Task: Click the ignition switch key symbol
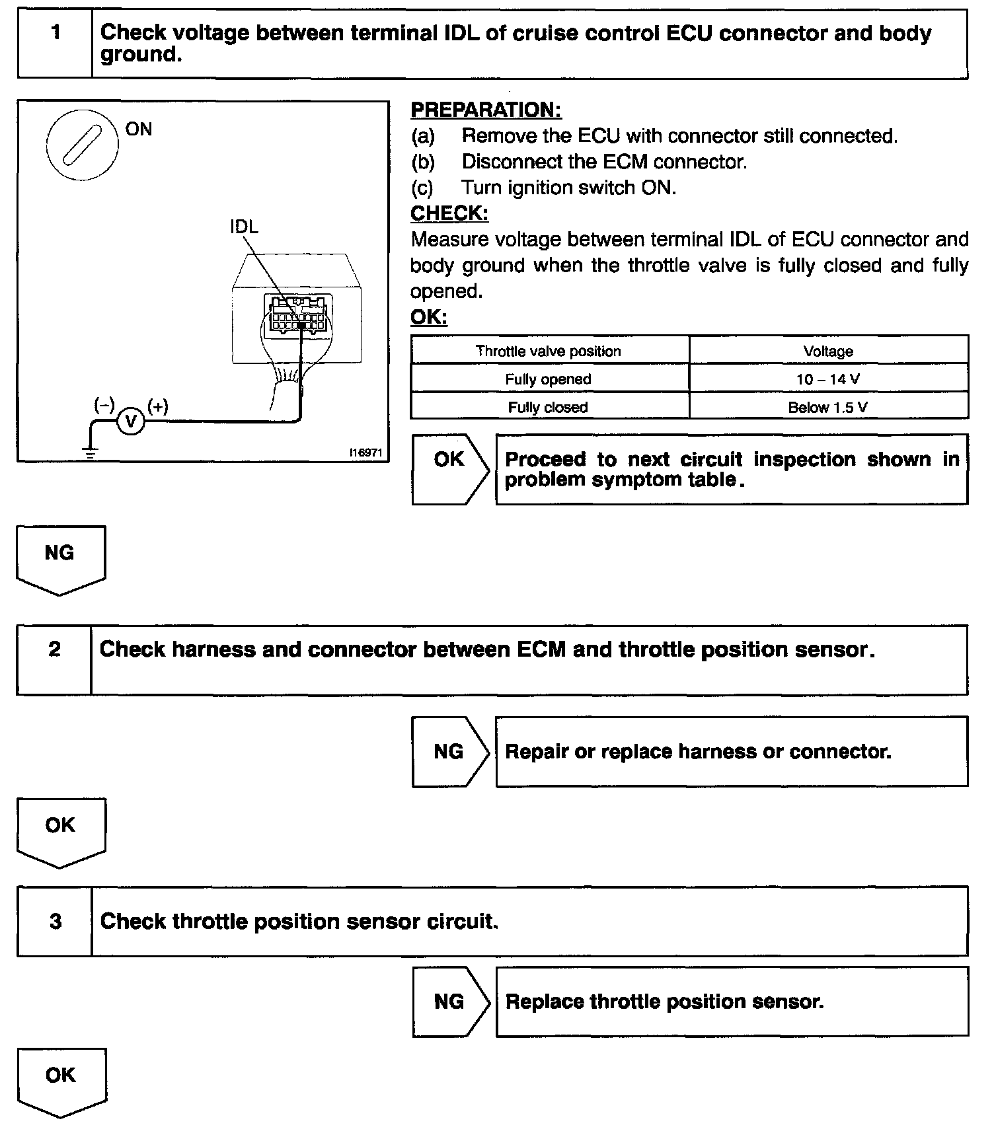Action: coord(82,143)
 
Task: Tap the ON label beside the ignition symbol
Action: coord(139,129)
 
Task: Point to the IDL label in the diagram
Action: coord(244,227)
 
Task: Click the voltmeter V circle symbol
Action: coord(130,421)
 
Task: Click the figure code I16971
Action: coord(366,453)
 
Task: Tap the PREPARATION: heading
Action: coord(486,110)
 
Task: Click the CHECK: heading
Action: coord(449,213)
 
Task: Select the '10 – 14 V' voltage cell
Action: coord(828,379)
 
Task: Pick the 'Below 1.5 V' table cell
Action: coord(828,407)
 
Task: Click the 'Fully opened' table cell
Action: coord(549,379)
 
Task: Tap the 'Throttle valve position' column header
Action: coord(549,351)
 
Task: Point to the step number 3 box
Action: coord(55,921)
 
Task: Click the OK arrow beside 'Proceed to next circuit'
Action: coord(450,469)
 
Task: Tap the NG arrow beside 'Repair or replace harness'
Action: coord(450,751)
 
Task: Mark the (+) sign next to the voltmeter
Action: coord(158,406)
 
